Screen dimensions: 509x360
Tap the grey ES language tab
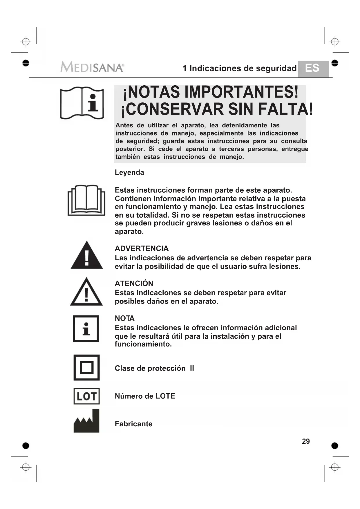[313, 68]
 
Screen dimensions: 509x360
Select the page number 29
[306, 441]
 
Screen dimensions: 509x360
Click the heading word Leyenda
[129, 172]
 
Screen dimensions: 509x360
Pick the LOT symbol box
[86, 396]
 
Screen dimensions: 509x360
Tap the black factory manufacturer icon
[86, 421]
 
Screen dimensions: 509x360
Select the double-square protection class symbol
[86, 367]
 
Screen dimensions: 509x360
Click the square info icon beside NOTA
[86, 328]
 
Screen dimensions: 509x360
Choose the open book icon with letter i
[82, 103]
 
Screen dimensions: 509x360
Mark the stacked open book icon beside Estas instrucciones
[86, 200]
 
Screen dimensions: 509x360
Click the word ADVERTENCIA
[142, 248]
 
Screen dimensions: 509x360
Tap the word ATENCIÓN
[134, 283]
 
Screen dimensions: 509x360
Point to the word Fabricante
[133, 424]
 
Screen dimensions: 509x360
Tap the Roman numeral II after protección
[192, 368]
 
